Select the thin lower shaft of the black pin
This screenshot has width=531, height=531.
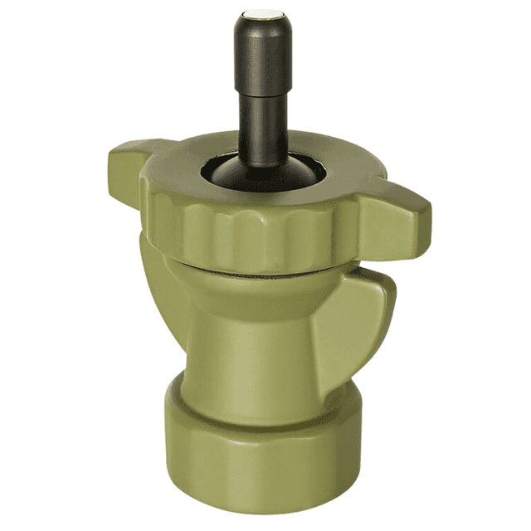coord(264,124)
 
